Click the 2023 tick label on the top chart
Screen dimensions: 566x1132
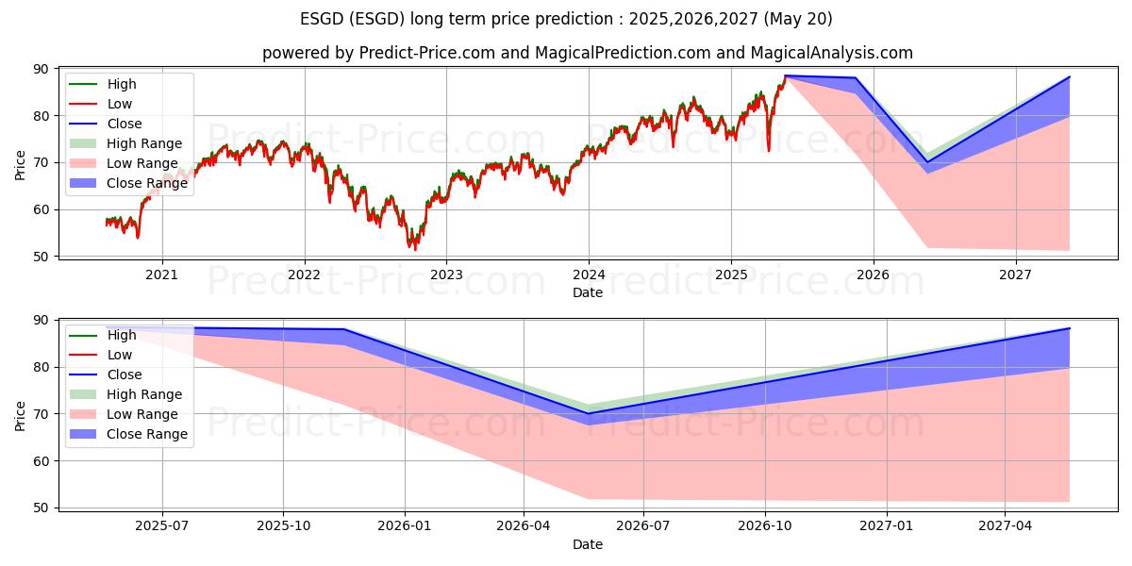click(446, 275)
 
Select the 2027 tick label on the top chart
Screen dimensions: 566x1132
click(1015, 275)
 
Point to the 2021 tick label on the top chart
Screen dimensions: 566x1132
click(161, 275)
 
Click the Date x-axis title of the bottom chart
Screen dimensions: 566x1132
click(587, 544)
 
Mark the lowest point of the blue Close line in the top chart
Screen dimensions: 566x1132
click(926, 162)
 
